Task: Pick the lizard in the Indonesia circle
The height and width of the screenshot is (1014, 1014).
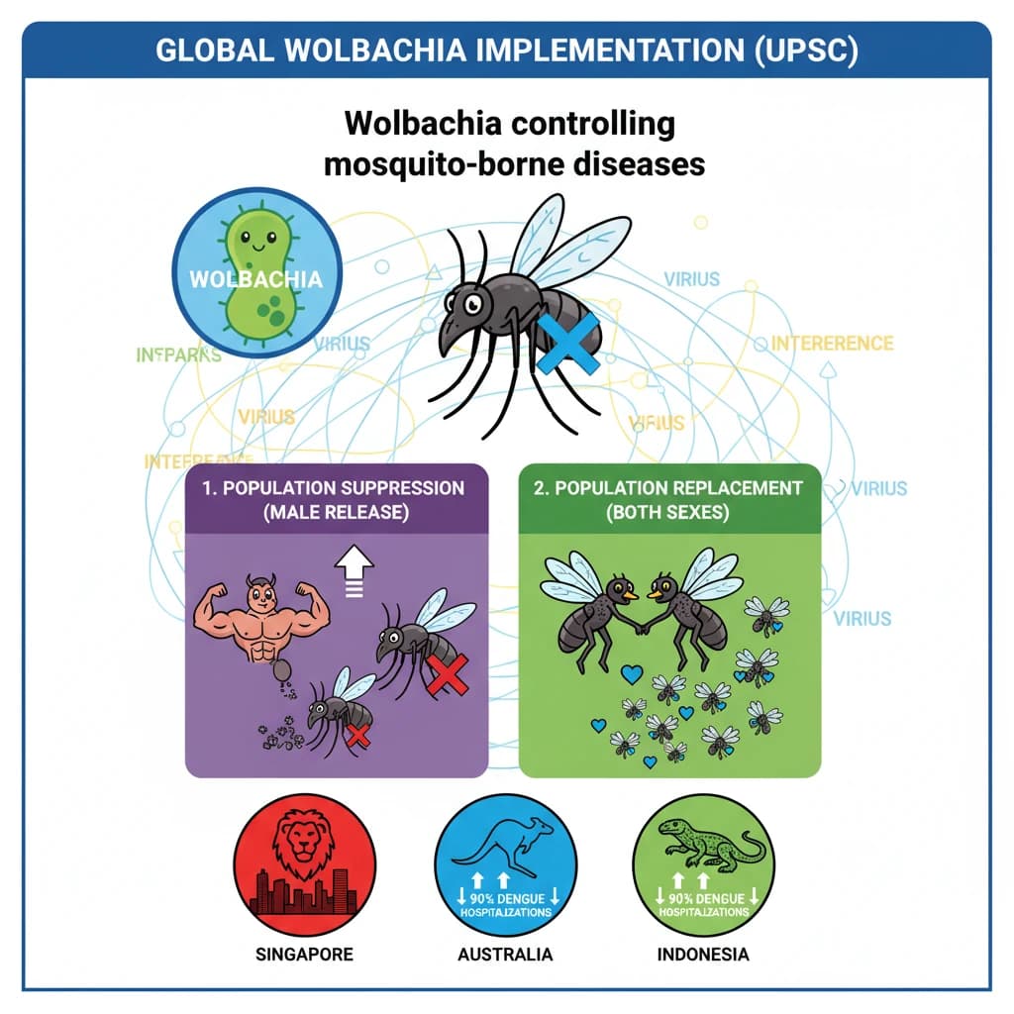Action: (x=705, y=843)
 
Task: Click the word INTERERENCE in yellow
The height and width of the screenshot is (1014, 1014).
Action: (x=832, y=344)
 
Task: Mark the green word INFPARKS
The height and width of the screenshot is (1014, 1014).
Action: (x=178, y=354)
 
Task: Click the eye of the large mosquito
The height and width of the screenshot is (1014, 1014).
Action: (x=474, y=300)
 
